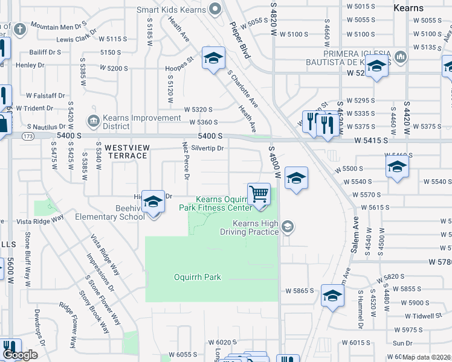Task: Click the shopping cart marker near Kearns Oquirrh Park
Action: pos(259,194)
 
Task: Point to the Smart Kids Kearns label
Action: pos(171,10)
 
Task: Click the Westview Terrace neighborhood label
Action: pos(126,151)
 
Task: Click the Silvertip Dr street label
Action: pos(207,148)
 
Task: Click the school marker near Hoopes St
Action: pos(213,58)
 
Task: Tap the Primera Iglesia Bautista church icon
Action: pos(399,58)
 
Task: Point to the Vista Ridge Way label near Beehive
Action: pos(40,221)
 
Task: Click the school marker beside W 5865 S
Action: pos(332,296)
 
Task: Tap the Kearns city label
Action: pos(426,8)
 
